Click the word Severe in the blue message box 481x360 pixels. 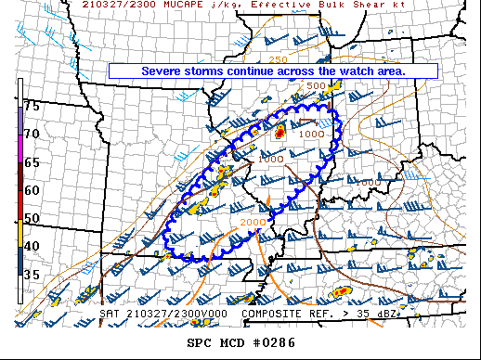click(x=162, y=71)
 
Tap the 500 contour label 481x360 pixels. click(x=317, y=86)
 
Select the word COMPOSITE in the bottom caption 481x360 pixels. click(x=276, y=315)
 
